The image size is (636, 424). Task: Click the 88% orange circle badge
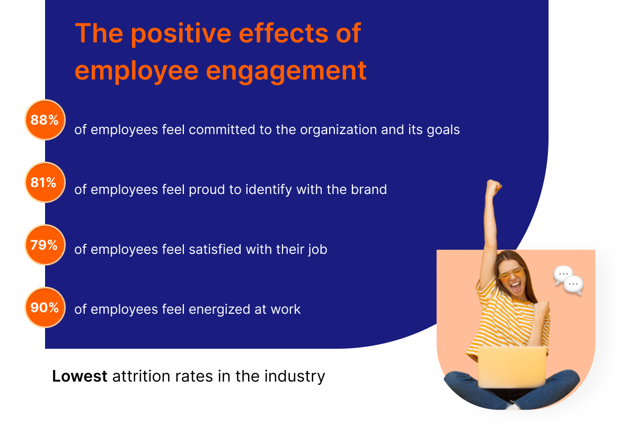tap(45, 120)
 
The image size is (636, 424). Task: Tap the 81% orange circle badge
tap(45, 182)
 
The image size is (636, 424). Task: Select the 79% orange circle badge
tap(45, 245)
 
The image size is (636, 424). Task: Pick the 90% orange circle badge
tap(45, 307)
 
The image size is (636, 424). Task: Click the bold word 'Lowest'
tap(79, 376)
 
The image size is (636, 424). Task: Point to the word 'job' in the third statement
tap(316, 249)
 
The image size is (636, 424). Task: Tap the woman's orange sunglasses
tap(510, 275)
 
